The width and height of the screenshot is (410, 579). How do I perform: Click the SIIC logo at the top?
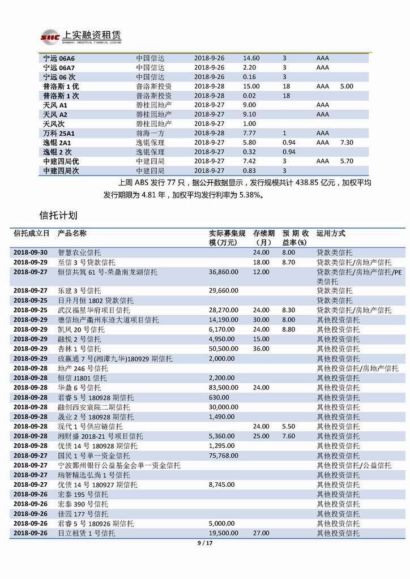(x=50, y=37)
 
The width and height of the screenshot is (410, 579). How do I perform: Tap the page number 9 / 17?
(x=204, y=544)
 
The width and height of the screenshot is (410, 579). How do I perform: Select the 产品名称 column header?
(x=72, y=233)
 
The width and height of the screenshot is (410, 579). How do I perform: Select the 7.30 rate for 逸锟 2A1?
(x=347, y=143)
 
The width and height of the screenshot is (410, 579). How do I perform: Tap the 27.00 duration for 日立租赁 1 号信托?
(x=261, y=533)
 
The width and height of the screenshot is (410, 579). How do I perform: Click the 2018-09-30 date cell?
(x=31, y=252)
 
